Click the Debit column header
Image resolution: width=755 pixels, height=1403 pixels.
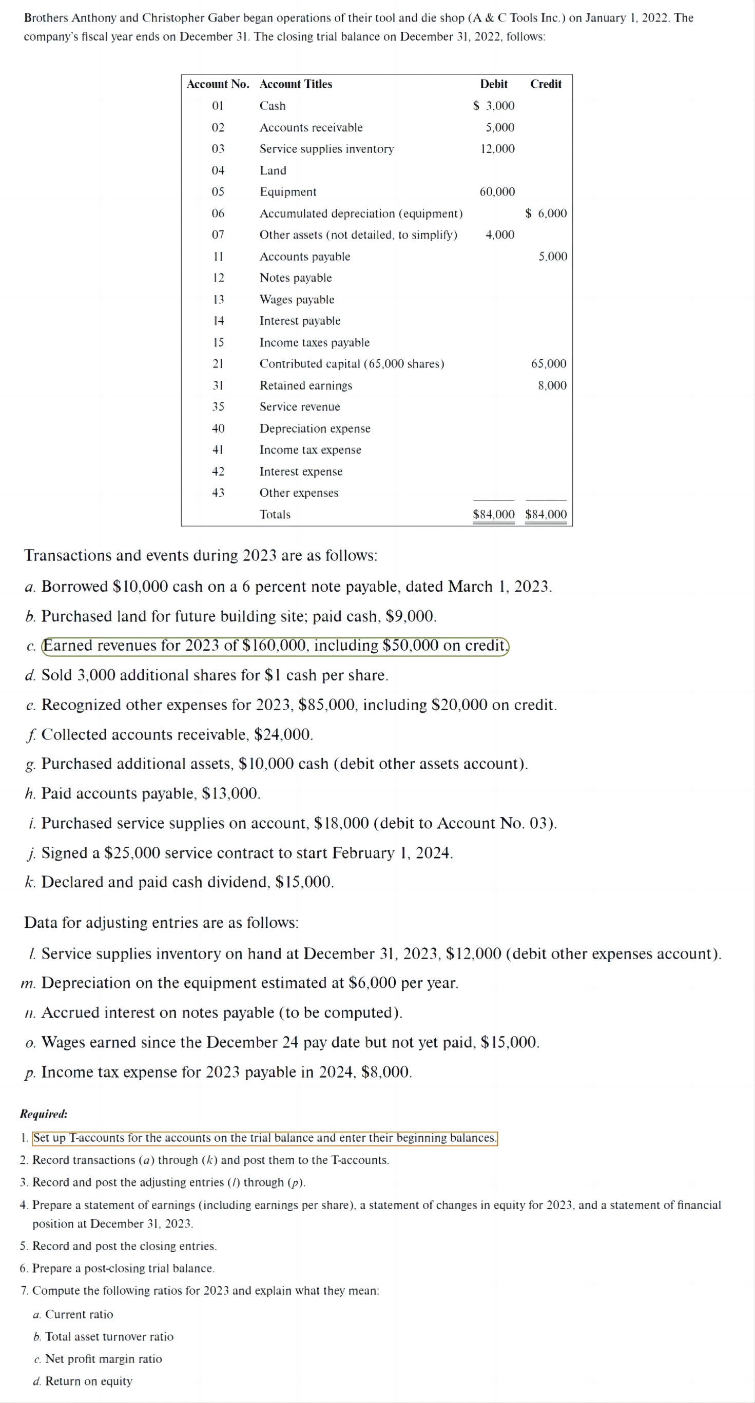494,84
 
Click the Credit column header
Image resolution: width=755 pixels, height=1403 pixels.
545,84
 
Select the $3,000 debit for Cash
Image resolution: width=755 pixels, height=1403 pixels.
494,106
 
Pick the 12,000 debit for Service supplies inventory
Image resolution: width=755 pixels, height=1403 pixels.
497,149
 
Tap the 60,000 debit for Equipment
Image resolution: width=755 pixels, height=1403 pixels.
497,192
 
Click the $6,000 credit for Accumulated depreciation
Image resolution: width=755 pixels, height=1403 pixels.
546,213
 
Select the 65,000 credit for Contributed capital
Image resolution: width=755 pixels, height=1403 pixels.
549,364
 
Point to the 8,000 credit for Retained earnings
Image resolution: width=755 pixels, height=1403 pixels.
552,385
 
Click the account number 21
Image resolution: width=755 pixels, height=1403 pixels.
218,364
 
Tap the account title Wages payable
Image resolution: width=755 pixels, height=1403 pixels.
297,300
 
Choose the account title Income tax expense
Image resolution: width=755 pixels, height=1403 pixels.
310,450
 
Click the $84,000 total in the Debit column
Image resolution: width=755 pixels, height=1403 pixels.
494,514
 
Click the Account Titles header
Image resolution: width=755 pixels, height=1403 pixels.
296,84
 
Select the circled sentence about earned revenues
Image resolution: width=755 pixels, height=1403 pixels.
275,646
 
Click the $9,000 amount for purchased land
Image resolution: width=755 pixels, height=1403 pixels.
410,616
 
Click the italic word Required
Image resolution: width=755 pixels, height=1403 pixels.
44,1114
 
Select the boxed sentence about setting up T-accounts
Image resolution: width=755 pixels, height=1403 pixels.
265,1138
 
